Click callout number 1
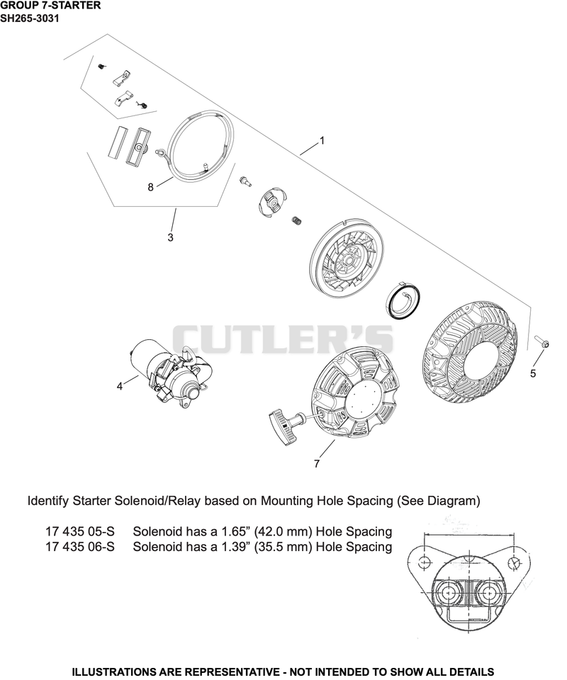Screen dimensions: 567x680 [322, 140]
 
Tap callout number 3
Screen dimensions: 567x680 [171, 237]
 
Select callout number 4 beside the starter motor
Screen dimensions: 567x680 [120, 386]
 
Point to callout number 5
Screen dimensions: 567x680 [533, 373]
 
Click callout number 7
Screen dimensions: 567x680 [317, 463]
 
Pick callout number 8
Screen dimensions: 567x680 [150, 187]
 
